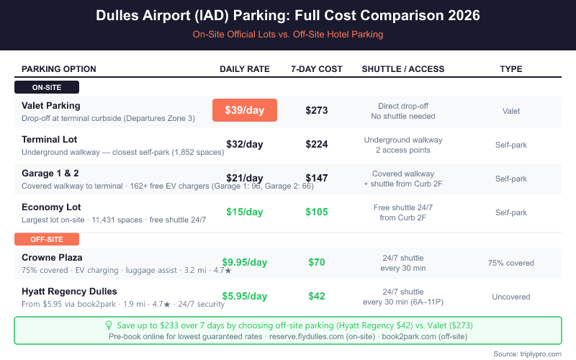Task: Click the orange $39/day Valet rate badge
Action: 245,110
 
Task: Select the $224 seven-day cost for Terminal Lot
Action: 317,144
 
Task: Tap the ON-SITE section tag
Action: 47,87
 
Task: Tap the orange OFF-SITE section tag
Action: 47,238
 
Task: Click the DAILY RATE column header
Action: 245,69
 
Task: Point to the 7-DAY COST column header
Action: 317,69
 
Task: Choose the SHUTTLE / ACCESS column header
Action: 403,69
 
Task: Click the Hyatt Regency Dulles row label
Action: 68,290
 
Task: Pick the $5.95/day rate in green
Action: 245,296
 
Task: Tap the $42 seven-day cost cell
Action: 317,296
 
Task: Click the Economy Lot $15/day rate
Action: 245,212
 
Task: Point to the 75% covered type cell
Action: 510,263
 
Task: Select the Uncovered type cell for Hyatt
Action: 510,297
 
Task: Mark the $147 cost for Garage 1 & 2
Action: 317,178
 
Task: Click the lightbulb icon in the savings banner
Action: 109,325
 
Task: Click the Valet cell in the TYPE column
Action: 510,111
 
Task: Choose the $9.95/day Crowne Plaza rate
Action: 245,262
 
